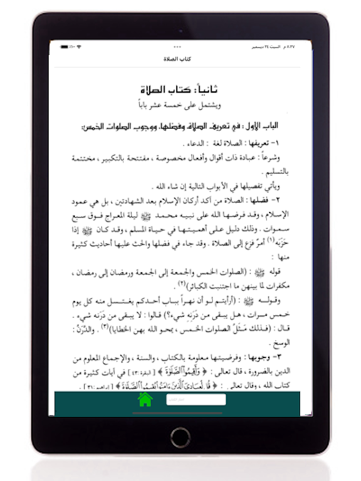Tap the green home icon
[x=145, y=400]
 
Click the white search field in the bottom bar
[x=196, y=400]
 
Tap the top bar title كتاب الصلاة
[x=180, y=59]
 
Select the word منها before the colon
[x=281, y=256]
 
